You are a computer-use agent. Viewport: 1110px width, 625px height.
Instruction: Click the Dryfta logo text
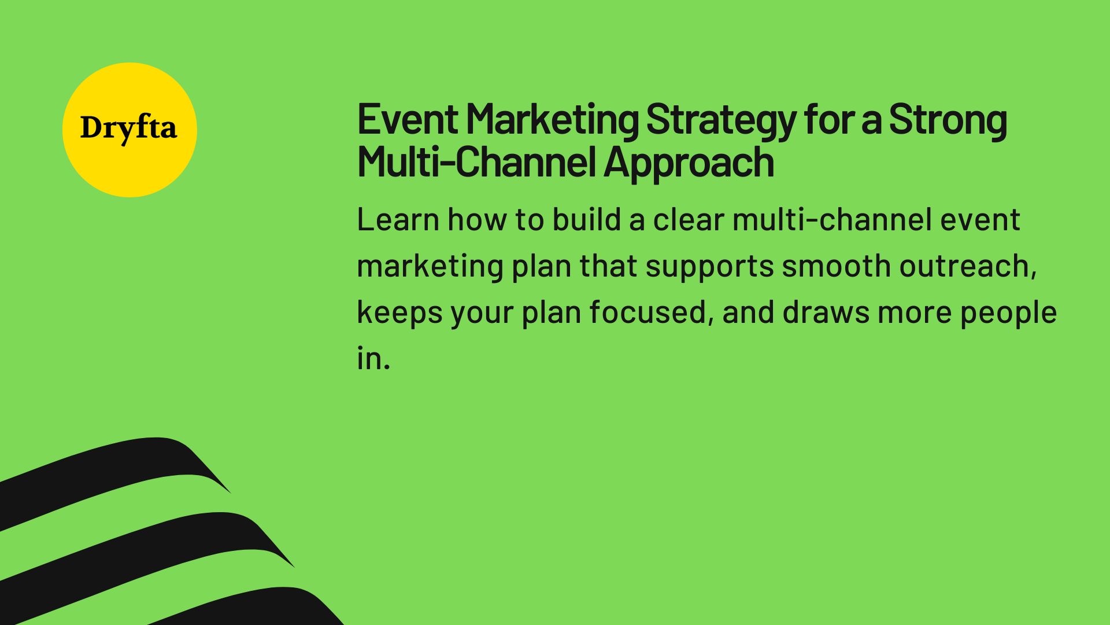point(128,128)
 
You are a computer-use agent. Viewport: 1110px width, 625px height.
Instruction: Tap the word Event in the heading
point(408,119)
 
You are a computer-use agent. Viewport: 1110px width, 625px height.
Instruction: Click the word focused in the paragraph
point(647,312)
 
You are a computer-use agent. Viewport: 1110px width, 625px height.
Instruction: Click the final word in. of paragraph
point(373,359)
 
